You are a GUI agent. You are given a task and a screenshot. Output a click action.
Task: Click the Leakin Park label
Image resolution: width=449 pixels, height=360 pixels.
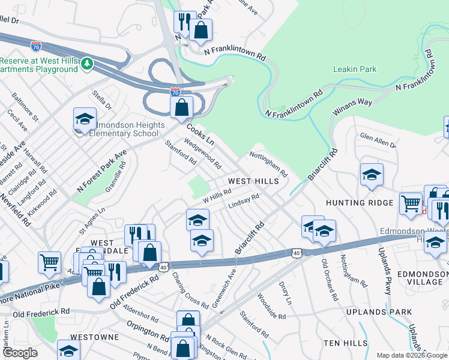355,69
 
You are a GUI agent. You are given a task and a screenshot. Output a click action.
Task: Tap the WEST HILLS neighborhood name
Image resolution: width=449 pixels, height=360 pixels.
253,181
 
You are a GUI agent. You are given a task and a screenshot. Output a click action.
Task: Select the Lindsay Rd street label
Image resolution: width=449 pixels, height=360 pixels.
243,202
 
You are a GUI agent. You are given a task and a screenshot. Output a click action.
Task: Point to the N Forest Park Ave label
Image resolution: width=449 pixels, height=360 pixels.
101,172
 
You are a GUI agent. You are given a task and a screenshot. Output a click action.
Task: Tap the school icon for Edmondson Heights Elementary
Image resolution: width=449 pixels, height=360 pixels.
85,118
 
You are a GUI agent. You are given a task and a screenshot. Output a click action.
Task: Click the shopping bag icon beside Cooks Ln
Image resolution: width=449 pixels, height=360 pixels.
181,107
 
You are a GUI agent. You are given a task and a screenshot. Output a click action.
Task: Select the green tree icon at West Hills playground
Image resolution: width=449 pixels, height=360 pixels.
87,63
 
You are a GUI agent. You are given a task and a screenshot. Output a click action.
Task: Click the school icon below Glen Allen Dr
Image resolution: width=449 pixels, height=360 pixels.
372,174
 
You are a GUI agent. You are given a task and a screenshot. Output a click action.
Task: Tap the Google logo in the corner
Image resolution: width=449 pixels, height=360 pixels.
19,353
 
